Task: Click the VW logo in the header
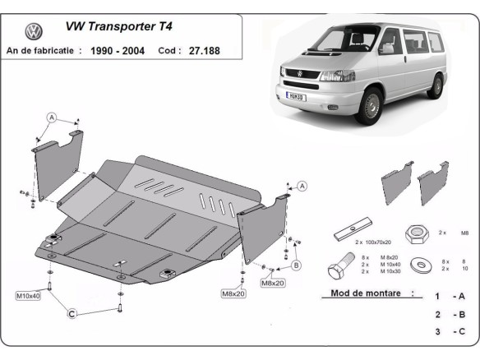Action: (34, 32)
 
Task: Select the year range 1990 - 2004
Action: (118, 50)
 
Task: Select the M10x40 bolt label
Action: (27, 294)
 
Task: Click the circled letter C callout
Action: (72, 313)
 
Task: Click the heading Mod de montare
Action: (365, 293)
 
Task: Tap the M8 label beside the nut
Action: (464, 233)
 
